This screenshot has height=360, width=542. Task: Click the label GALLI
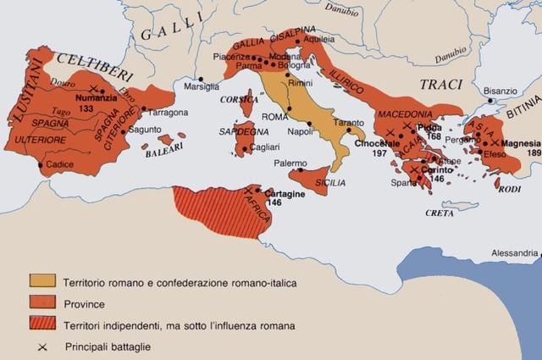click(x=169, y=33)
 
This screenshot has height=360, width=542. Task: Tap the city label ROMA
click(x=275, y=117)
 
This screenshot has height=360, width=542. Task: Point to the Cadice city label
click(x=60, y=164)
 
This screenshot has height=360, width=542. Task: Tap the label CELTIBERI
click(x=87, y=62)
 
